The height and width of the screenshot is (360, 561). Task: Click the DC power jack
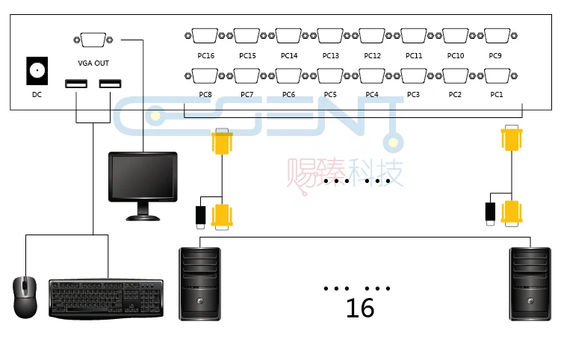[x=37, y=70]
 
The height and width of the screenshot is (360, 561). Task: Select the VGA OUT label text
[x=93, y=63]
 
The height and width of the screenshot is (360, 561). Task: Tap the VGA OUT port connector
[x=93, y=40]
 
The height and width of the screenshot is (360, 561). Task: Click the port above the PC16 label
[x=205, y=35]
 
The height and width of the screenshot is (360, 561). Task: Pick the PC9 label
[x=495, y=55]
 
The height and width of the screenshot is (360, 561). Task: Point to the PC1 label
[x=497, y=94]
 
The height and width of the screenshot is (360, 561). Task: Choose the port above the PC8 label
[x=205, y=76]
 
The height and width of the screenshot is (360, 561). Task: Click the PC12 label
[x=373, y=55]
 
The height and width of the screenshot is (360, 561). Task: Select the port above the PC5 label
[x=330, y=76]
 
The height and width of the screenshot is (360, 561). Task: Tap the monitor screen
[x=143, y=176]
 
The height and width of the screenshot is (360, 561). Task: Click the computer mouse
[x=25, y=297]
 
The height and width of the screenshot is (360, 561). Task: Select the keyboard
[x=106, y=299]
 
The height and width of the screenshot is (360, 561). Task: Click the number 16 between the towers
[x=360, y=308]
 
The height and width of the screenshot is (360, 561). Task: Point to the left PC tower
[x=199, y=284]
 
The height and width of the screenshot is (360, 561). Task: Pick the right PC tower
[x=530, y=284]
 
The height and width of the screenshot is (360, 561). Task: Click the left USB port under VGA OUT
[x=76, y=84]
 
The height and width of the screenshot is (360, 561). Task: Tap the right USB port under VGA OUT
[x=111, y=84]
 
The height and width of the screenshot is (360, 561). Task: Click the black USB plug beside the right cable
[x=490, y=214]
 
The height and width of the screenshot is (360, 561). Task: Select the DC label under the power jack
[x=37, y=94]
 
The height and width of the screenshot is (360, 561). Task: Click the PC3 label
[x=413, y=94]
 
